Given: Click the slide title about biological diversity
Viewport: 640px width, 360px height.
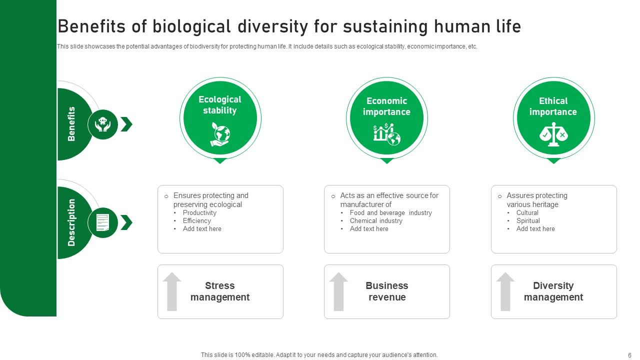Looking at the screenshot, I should [x=289, y=26].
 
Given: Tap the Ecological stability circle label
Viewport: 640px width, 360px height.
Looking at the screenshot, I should [x=220, y=105].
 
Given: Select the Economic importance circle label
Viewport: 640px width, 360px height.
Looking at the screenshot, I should [x=386, y=106].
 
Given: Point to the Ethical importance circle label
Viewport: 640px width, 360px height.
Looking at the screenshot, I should [x=553, y=106].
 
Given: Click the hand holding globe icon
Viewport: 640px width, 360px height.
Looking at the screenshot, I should [x=220, y=134].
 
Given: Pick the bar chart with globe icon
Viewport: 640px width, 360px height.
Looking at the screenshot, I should [x=386, y=134].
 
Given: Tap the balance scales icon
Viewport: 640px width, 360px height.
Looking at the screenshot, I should [x=553, y=134].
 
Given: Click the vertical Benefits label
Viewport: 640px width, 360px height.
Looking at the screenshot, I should [x=71, y=124].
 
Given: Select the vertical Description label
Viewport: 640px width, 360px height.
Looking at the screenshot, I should [x=71, y=222].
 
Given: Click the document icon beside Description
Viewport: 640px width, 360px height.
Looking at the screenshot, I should [x=103, y=222].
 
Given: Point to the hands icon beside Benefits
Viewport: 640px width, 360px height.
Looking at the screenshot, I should [x=103, y=124].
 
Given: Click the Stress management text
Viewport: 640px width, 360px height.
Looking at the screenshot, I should [x=220, y=291].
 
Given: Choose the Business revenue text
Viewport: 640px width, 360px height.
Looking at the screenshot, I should [x=386, y=291].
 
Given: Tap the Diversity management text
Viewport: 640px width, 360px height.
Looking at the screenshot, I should [x=553, y=291].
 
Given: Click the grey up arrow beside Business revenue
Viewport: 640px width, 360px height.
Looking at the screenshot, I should [x=338, y=291].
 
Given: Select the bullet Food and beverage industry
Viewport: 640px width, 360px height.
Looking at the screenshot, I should [x=390, y=212].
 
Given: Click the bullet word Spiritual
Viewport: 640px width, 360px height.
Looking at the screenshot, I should [x=528, y=220].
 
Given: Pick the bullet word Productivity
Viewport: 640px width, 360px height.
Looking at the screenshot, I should [x=199, y=212].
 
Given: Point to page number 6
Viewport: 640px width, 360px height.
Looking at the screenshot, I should [x=629, y=355].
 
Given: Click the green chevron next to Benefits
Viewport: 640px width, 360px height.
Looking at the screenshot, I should [x=126, y=124].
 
